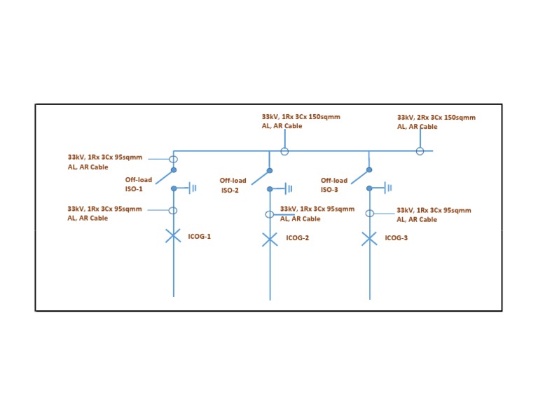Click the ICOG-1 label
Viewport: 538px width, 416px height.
[199, 237]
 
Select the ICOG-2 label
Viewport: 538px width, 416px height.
[297, 238]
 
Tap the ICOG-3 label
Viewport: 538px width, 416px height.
[396, 238]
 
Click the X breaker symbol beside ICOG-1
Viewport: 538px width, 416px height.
[173, 236]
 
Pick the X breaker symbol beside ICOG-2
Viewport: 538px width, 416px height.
[270, 240]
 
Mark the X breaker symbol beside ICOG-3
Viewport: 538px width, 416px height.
[369, 239]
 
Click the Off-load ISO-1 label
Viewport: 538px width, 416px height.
[138, 184]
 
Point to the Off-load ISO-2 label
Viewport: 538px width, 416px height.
[233, 185]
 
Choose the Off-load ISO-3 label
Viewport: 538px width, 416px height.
[333, 185]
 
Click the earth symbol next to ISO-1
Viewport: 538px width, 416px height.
[192, 188]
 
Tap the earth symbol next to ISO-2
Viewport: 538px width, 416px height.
[288, 188]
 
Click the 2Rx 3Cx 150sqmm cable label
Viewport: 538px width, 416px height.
[436, 122]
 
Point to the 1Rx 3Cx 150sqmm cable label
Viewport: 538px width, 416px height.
[301, 121]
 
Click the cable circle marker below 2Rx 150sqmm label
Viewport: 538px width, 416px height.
[420, 151]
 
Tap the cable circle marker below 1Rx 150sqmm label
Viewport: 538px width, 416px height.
[284, 151]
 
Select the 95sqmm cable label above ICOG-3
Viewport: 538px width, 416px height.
[434, 214]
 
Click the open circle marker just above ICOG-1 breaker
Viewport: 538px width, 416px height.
[173, 210]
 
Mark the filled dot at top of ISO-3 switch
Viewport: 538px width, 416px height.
[369, 169]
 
